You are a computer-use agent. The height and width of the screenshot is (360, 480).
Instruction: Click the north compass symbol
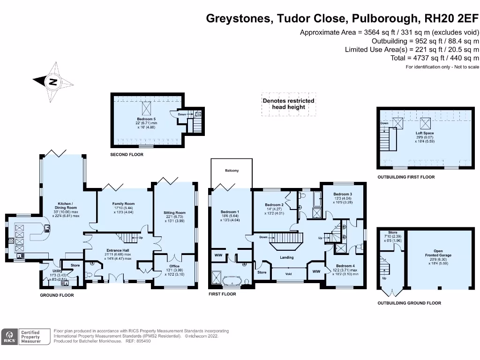point(53,82)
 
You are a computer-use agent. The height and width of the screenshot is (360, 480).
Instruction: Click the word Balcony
point(232,171)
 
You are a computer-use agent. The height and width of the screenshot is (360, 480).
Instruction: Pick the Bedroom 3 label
point(343,194)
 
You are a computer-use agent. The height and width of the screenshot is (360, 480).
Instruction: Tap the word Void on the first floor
point(288,274)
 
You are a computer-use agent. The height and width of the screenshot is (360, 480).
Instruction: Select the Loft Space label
point(425,133)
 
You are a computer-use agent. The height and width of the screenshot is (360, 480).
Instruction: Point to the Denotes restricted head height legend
point(288,104)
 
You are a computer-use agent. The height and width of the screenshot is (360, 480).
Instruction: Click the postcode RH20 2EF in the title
point(451,19)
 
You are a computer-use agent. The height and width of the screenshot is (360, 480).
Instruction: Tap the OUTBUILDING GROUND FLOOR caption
point(409,303)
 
